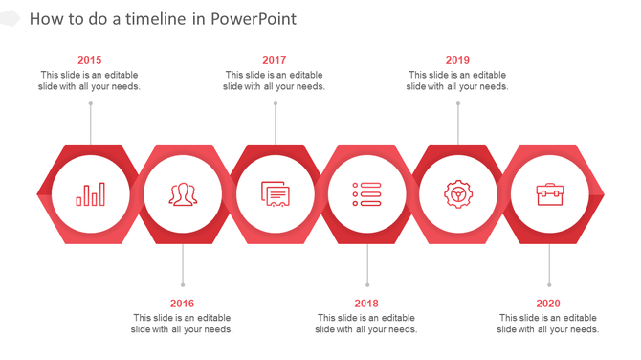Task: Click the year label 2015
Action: point(90,60)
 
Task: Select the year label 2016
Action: point(182,304)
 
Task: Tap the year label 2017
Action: point(274,60)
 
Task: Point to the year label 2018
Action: point(366,304)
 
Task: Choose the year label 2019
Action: point(457,60)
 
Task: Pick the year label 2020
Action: point(548,304)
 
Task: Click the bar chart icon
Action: point(91,194)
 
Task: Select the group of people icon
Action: point(183,194)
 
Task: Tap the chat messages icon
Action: point(276,194)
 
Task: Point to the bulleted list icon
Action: point(366,194)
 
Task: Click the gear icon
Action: point(458,194)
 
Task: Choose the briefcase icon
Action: point(549,194)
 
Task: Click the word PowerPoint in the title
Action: point(254,19)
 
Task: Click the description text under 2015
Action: point(90,80)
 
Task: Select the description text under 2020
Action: point(548,324)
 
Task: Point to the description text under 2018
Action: point(366,324)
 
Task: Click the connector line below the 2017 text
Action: point(276,123)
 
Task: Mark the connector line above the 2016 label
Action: point(183,265)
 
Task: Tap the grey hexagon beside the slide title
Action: point(9,19)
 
